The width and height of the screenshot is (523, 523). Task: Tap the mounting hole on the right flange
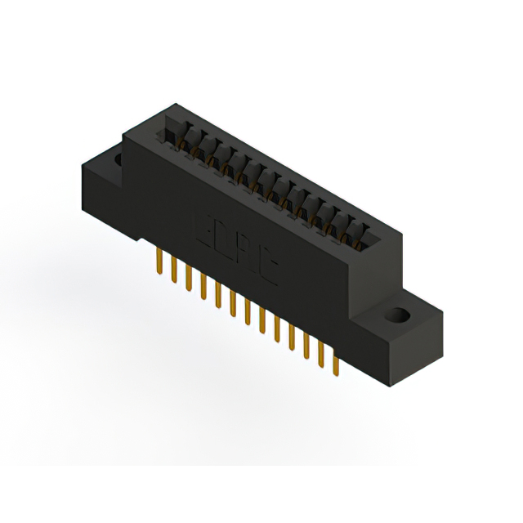pyautogui.click(x=400, y=314)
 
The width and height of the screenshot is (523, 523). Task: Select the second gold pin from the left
pyautogui.click(x=172, y=270)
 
